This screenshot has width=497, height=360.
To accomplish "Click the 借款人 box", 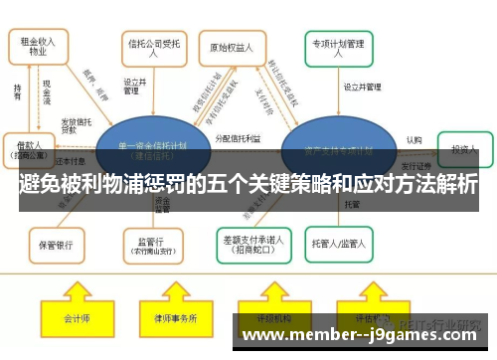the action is click(x=29, y=148).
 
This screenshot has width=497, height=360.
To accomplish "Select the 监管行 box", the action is click(x=151, y=242).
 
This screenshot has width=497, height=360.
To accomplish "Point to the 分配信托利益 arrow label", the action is click(x=238, y=140).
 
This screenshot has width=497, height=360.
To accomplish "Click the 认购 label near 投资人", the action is click(x=414, y=140).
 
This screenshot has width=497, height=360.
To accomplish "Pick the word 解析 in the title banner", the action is click(x=453, y=185).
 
